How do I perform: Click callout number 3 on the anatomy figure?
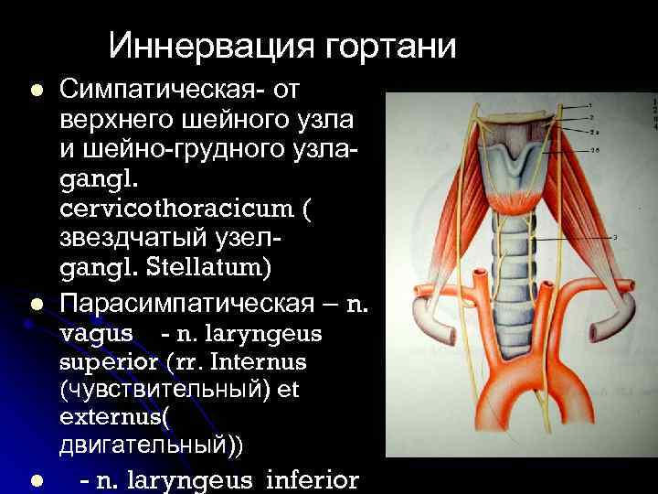pyautogui.click(x=615, y=237)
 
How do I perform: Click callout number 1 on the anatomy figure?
pyautogui.click(x=589, y=106)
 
